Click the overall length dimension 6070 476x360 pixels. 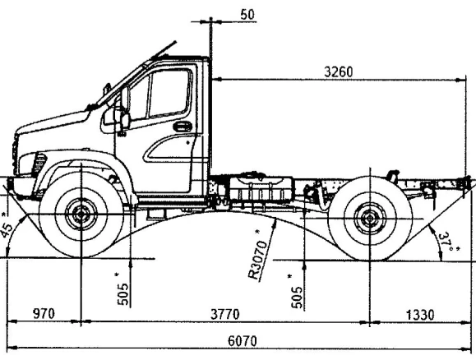click(243, 341)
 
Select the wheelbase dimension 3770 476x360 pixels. click(225, 314)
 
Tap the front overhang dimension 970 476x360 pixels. click(44, 313)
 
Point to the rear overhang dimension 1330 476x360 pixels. click(420, 315)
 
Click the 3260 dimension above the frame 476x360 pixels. click(339, 72)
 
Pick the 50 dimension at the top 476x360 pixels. click(247, 15)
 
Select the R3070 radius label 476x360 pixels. click(258, 260)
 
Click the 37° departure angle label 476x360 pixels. click(447, 242)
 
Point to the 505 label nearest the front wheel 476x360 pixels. click(122, 293)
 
